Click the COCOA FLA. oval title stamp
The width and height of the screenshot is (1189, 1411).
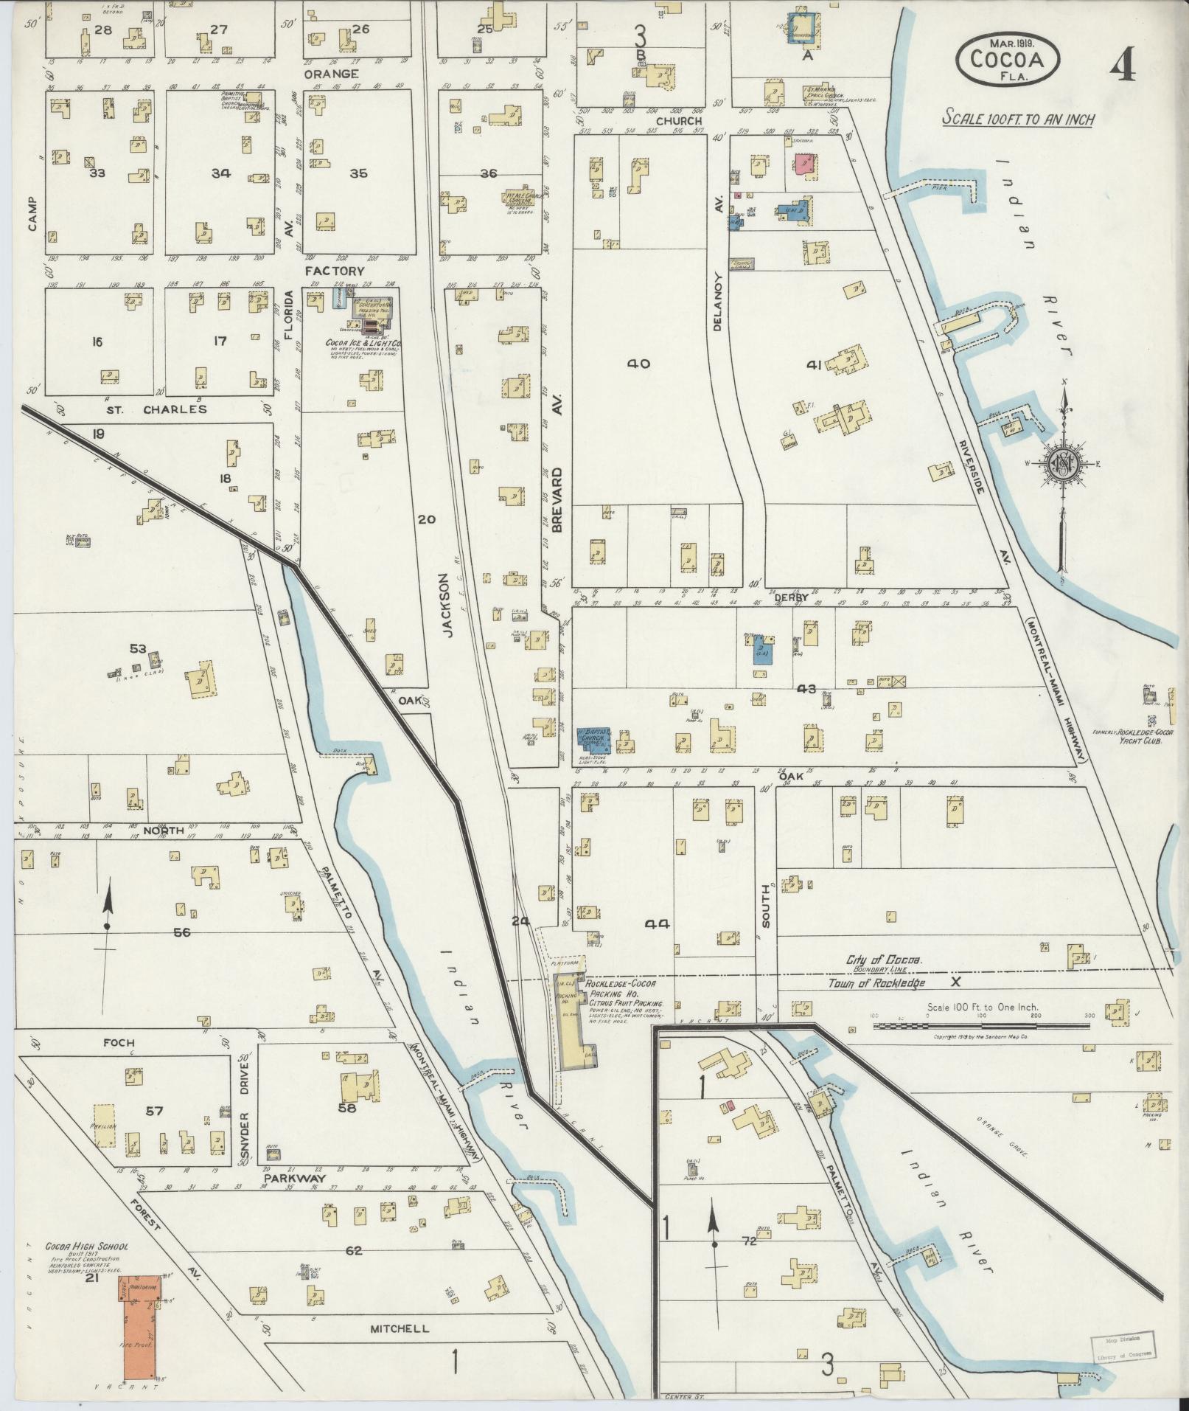pos(1008,58)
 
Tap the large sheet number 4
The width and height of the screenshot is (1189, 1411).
pos(1123,66)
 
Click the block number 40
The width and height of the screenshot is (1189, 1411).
pos(638,363)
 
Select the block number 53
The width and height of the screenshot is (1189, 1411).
pos(138,648)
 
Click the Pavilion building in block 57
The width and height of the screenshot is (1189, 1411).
pos(104,1126)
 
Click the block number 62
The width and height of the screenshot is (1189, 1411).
pos(354,1250)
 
